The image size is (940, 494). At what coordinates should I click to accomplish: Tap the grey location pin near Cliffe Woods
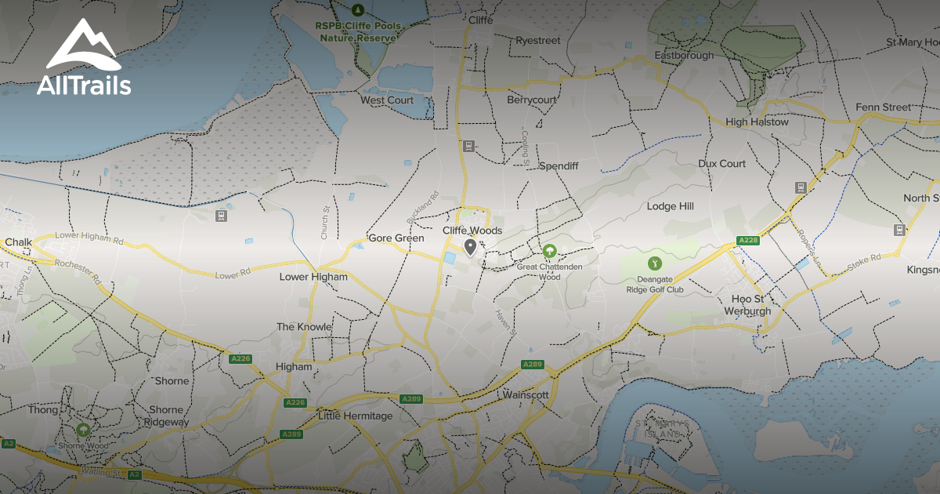click(470, 249)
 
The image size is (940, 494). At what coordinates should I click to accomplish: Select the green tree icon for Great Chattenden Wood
click(550, 251)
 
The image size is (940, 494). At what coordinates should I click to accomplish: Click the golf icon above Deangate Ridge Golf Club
click(655, 263)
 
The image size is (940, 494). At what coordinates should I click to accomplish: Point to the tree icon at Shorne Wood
click(83, 430)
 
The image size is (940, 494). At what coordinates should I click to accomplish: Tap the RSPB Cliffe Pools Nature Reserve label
click(359, 31)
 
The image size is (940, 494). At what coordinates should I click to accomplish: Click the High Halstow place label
click(757, 122)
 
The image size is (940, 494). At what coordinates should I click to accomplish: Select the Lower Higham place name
click(313, 277)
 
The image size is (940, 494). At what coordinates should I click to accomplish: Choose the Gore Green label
click(396, 238)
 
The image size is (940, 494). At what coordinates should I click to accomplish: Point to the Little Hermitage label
click(355, 416)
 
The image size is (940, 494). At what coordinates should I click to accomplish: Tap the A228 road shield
click(748, 240)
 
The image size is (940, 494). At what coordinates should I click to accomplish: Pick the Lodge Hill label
click(670, 206)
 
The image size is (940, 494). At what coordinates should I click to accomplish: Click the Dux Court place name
click(721, 164)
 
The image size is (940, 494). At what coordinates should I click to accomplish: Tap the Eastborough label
click(684, 56)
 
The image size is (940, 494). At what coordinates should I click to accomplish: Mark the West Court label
click(387, 100)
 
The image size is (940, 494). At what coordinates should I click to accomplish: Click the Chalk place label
click(18, 242)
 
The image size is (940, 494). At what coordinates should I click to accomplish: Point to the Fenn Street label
click(883, 107)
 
